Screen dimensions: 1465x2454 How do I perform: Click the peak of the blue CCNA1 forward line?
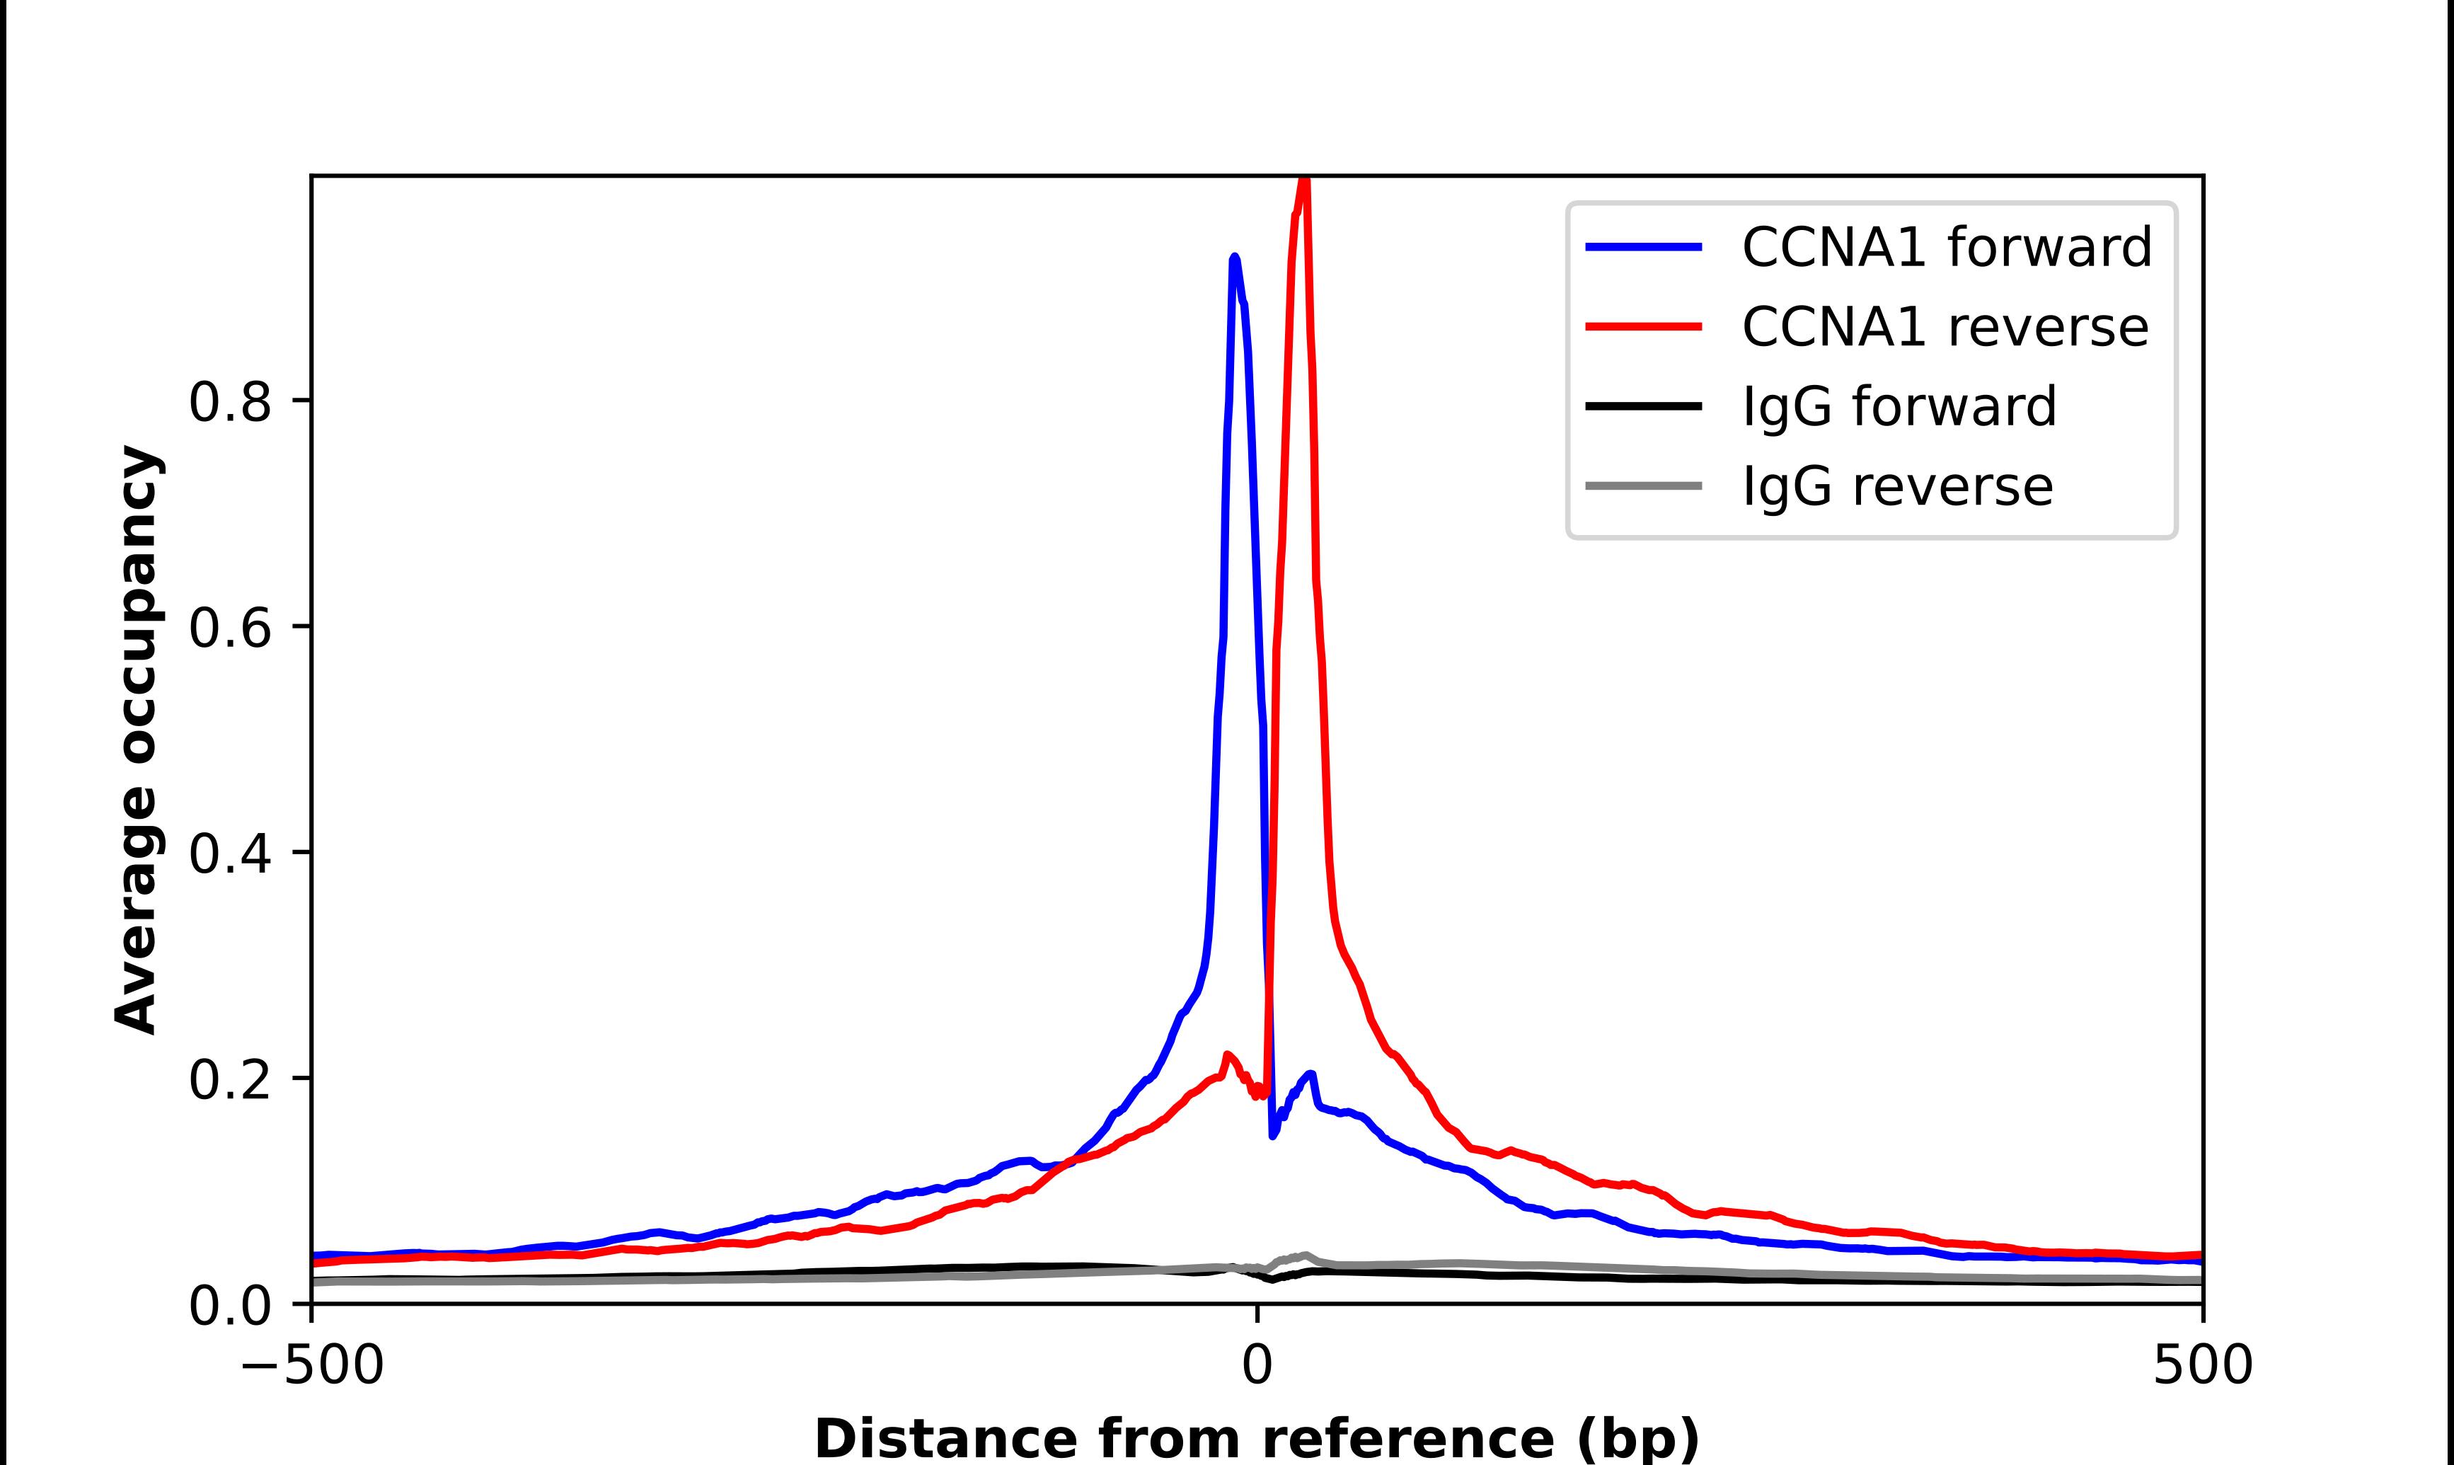[x=1234, y=258]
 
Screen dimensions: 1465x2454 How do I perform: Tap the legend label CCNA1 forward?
[x=1947, y=247]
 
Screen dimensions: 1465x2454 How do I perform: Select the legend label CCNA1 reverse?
[x=1945, y=327]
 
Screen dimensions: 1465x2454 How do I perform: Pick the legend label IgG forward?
[x=1899, y=407]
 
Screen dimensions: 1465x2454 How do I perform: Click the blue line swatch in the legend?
[x=1644, y=247]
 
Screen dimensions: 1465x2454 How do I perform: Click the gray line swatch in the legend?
[x=1644, y=486]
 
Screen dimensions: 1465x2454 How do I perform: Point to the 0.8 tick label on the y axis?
[x=230, y=403]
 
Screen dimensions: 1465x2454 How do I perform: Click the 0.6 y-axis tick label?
[x=230, y=628]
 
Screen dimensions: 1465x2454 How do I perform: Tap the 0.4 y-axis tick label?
[x=230, y=854]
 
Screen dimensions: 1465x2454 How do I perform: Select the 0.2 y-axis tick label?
[x=230, y=1080]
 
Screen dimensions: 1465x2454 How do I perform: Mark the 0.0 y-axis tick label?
[x=230, y=1306]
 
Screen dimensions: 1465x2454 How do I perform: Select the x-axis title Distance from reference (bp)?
[x=1257, y=1437]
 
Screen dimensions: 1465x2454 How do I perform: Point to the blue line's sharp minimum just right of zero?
[x=1274, y=1135]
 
